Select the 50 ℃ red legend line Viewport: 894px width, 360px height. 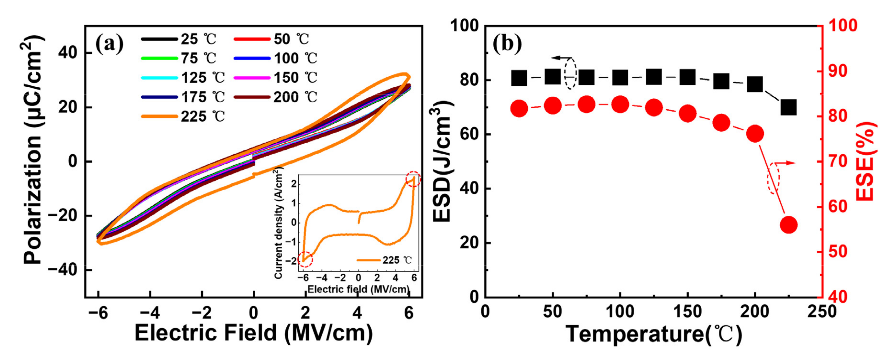click(252, 39)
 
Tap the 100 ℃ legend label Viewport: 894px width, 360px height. click(295, 58)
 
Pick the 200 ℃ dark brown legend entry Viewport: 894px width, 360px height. click(276, 97)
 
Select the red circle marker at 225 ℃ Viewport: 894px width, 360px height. click(788, 225)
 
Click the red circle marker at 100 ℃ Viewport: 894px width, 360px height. click(620, 105)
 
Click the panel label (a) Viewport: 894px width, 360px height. click(109, 44)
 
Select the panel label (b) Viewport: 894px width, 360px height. click(507, 44)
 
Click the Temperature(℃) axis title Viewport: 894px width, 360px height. click(654, 334)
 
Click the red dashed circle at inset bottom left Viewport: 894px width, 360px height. click(305, 259)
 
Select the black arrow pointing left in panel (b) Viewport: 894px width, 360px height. click(561, 58)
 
